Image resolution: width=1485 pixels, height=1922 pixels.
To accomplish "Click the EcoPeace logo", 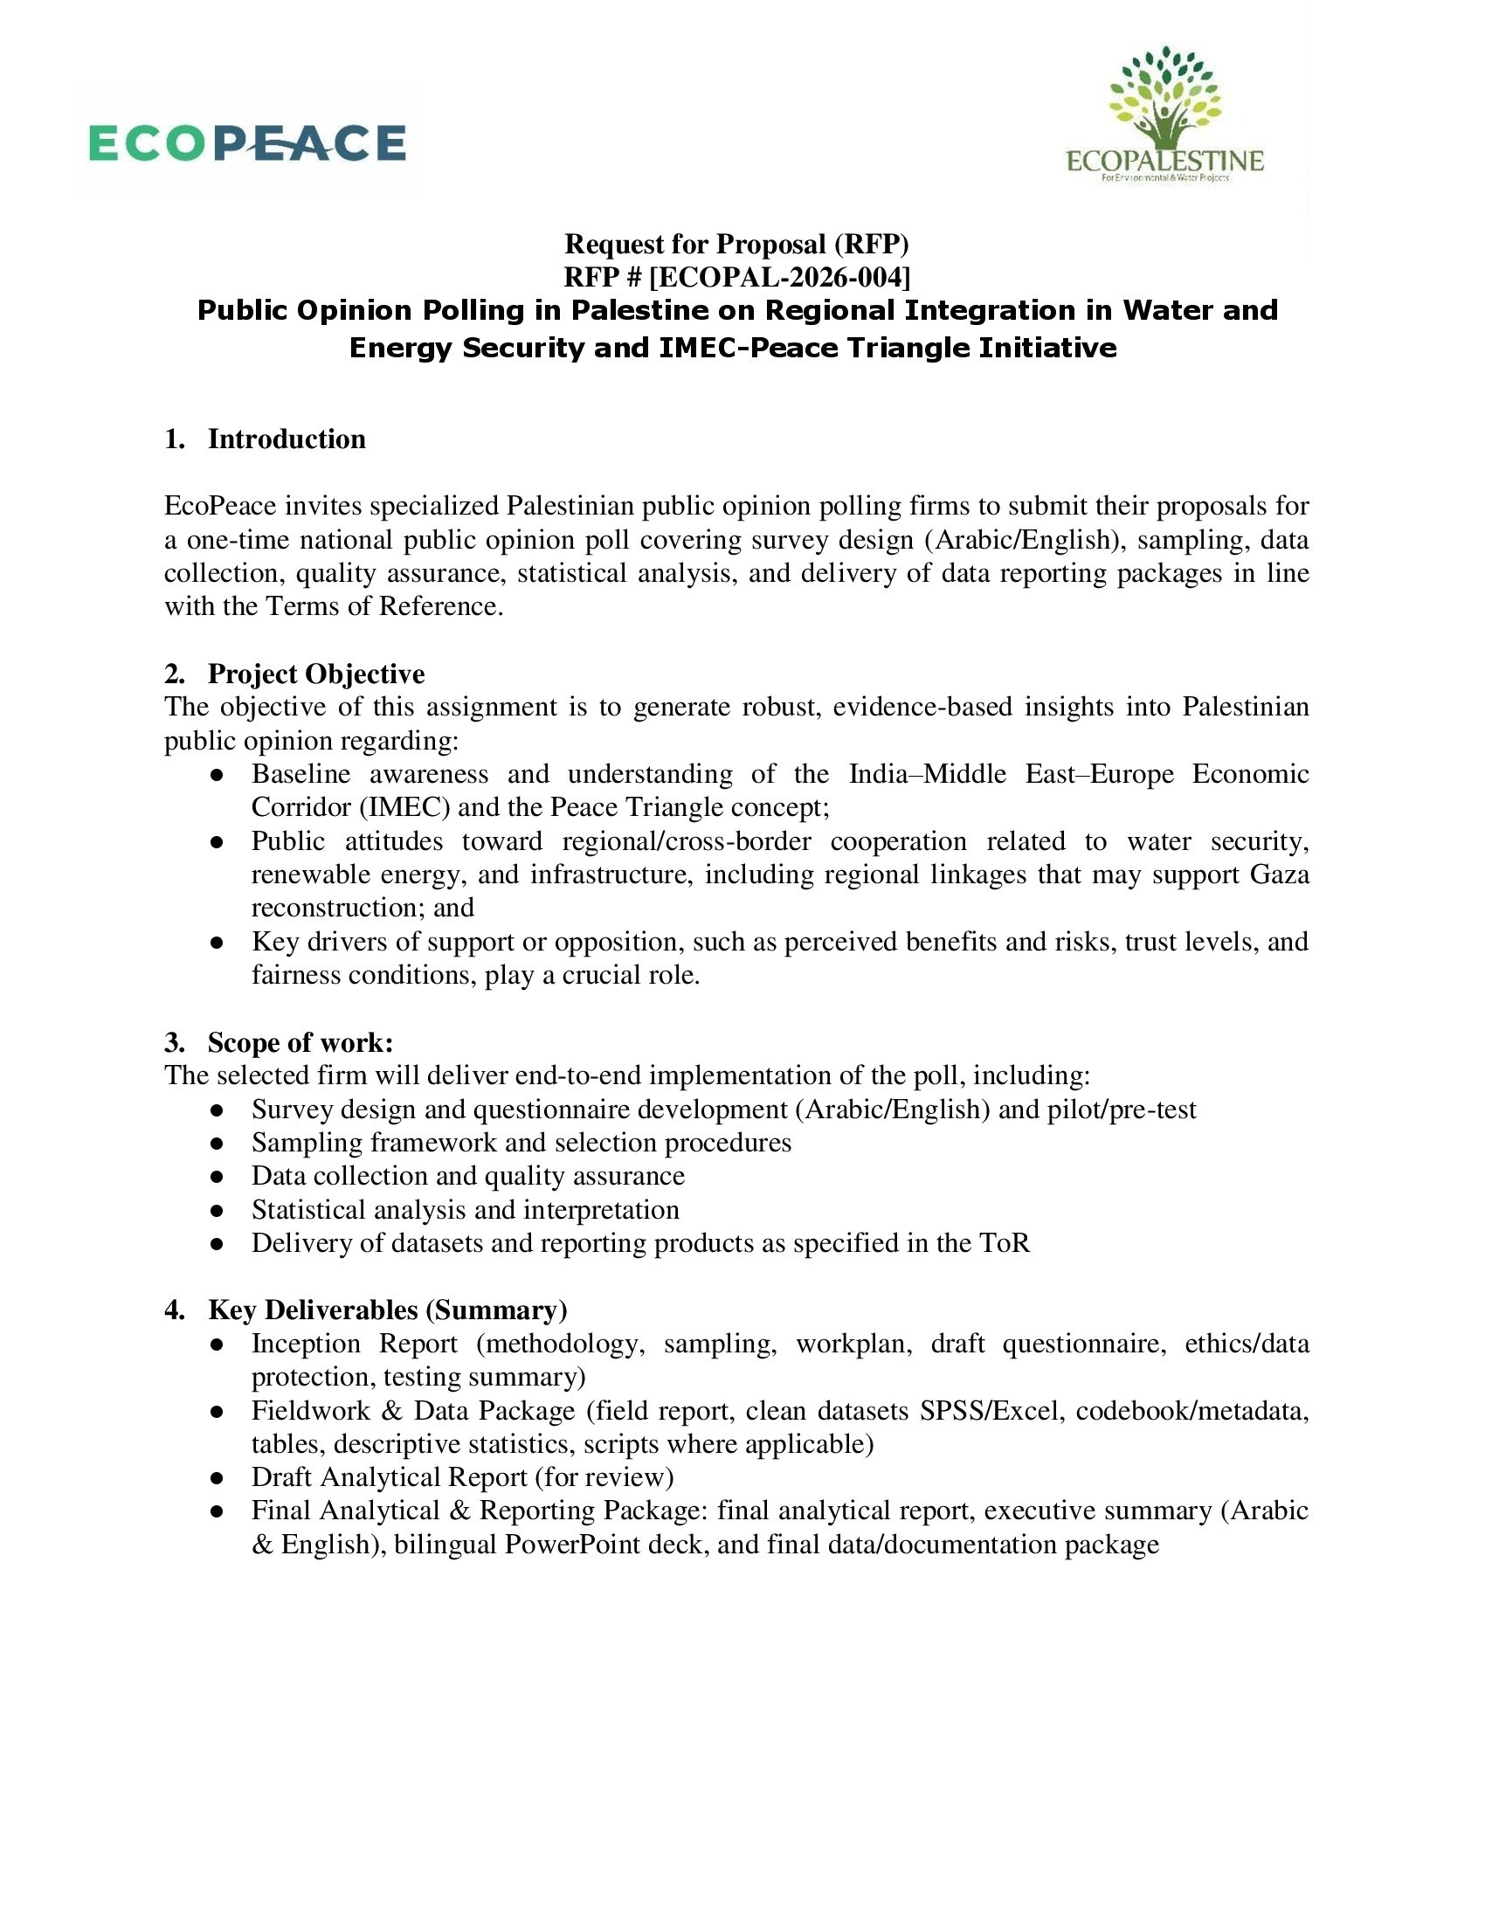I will coord(247,143).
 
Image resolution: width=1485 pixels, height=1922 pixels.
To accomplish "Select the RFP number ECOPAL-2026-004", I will coord(779,277).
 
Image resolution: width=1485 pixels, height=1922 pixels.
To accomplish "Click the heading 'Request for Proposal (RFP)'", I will coord(736,244).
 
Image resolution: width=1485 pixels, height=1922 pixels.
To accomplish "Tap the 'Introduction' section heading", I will coord(286,439).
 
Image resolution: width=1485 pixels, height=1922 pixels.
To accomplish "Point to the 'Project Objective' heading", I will coord(316,674).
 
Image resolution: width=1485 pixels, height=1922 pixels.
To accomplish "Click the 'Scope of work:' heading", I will coord(300,1043).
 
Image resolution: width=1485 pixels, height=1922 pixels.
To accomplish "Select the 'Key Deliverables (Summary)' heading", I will coord(387,1310).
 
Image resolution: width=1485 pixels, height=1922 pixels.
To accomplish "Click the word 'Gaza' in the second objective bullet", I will coord(1280,875).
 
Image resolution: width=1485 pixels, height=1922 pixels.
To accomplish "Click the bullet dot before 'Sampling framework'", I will coord(217,1144).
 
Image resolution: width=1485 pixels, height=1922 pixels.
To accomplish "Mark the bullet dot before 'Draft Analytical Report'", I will coord(217,1478).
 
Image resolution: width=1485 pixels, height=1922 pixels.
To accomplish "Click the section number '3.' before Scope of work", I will coord(174,1043).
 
